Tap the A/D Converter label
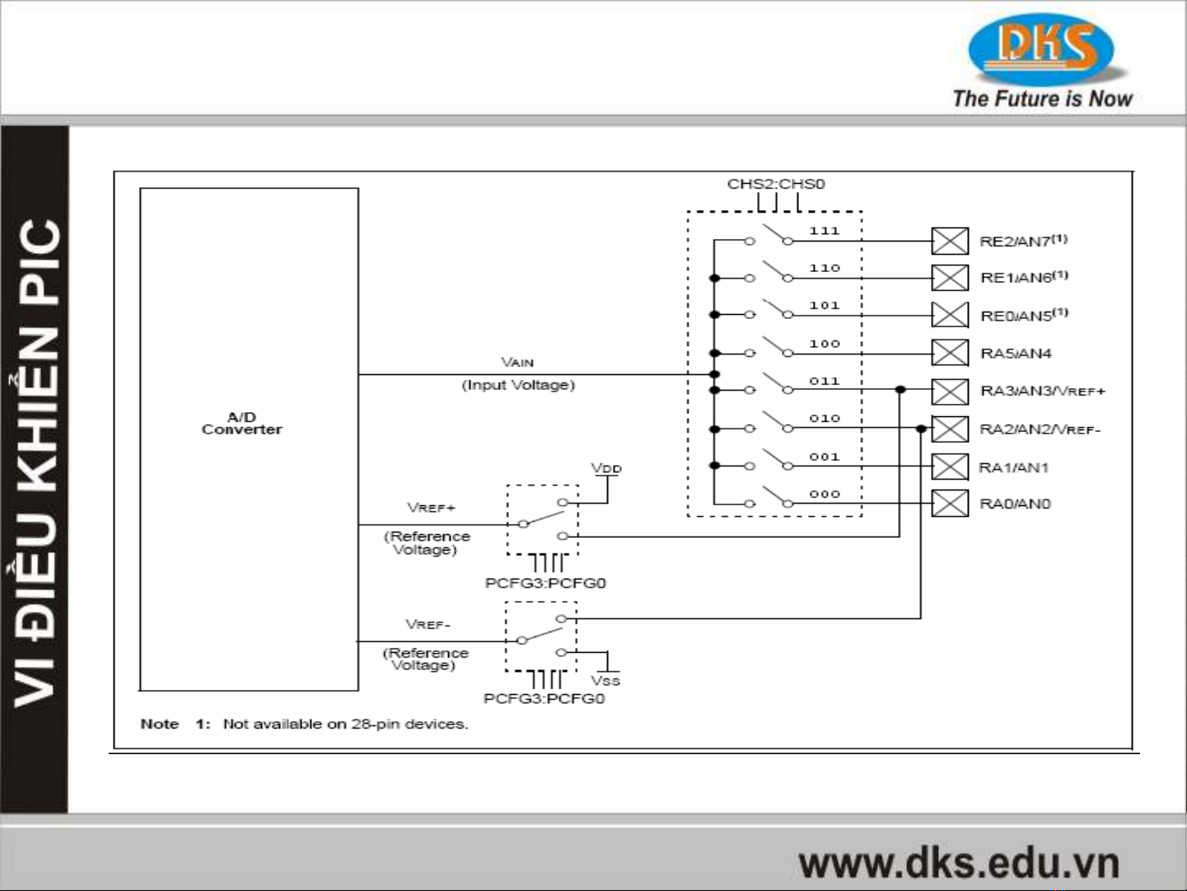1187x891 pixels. click(x=241, y=424)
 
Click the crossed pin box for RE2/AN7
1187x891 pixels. click(x=950, y=242)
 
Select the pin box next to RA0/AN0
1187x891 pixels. click(x=950, y=504)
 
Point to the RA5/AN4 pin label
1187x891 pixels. click(x=1016, y=354)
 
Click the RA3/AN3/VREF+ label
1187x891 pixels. click(x=1042, y=391)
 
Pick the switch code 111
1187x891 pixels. click(x=824, y=231)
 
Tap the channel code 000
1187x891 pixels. click(x=824, y=494)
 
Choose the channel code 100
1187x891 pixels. click(x=824, y=344)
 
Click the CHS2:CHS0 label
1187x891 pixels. click(x=775, y=184)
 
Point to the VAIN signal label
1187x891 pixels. click(x=517, y=362)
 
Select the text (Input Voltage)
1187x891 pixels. click(x=517, y=385)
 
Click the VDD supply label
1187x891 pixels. click(x=606, y=468)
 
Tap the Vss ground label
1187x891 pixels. click(x=605, y=681)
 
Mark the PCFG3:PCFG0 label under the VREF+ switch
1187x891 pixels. click(x=545, y=583)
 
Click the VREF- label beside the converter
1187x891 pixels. click(x=428, y=624)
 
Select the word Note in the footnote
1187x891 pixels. click(x=160, y=724)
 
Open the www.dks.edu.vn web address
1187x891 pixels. click(x=959, y=863)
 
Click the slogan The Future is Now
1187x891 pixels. click(x=1042, y=99)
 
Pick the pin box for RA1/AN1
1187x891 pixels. click(x=950, y=467)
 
